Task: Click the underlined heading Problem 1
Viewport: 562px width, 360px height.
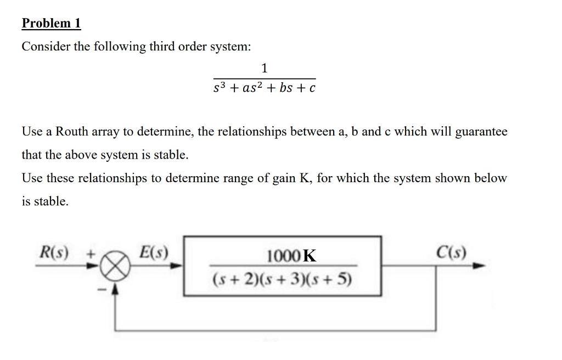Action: tap(51, 23)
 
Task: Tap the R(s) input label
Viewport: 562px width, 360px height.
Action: tap(55, 254)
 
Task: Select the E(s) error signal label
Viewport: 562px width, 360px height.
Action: tap(154, 253)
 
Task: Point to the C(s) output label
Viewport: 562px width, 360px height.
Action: tap(451, 253)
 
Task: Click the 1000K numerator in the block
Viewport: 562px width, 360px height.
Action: tap(291, 256)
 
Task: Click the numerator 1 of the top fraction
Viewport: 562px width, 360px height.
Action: tap(265, 68)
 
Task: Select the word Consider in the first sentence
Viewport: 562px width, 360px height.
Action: tap(46, 47)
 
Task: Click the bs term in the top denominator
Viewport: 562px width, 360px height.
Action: tap(285, 87)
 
